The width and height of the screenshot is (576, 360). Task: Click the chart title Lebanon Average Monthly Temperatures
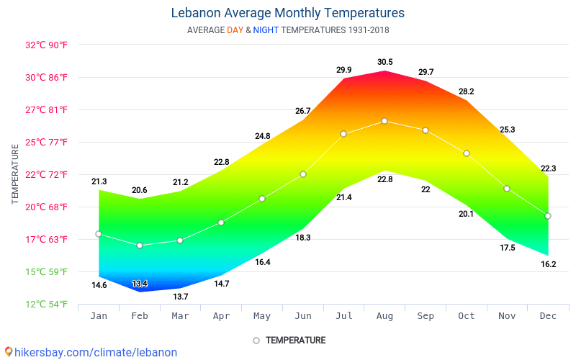tap(288, 13)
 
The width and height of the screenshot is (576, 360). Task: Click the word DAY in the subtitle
tap(235, 30)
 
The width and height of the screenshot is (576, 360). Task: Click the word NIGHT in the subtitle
tap(266, 30)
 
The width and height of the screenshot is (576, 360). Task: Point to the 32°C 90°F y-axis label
tap(47, 45)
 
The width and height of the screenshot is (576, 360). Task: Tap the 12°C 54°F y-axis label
tap(47, 304)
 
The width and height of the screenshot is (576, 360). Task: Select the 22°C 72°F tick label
tap(47, 174)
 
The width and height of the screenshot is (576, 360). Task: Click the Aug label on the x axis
tap(384, 316)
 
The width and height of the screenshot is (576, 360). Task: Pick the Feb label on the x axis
tap(140, 316)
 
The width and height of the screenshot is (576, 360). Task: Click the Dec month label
tap(548, 316)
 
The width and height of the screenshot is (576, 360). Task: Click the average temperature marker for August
tap(384, 121)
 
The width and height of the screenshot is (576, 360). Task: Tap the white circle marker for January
tap(99, 234)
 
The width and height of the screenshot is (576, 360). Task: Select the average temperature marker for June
tap(303, 174)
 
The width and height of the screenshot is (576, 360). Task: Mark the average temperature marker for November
tap(507, 189)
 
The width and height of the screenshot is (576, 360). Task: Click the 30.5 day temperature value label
tap(385, 62)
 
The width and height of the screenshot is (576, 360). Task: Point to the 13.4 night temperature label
tap(140, 284)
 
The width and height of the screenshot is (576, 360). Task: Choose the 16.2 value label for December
tap(548, 264)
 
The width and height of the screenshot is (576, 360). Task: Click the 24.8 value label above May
tap(262, 136)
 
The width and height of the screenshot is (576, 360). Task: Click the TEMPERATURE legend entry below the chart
tap(295, 341)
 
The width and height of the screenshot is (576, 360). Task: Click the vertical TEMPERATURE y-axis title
tap(15, 174)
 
